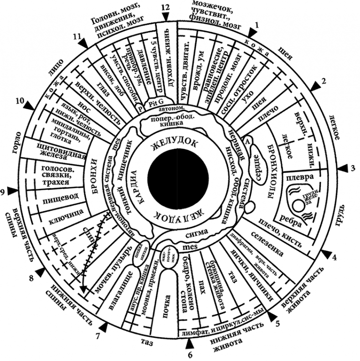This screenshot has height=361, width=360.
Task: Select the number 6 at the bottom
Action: (190, 353)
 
